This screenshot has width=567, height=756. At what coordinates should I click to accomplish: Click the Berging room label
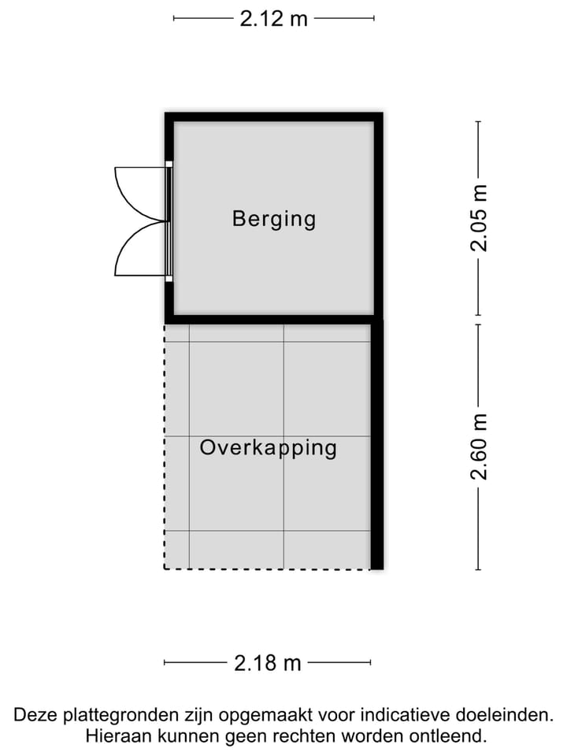[x=273, y=219]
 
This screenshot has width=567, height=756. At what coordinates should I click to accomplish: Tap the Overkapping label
[x=268, y=448]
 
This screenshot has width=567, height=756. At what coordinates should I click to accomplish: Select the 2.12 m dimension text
[x=273, y=19]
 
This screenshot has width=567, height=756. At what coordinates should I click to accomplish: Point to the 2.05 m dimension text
[x=479, y=217]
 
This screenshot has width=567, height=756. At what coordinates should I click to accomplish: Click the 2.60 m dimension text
[x=479, y=446]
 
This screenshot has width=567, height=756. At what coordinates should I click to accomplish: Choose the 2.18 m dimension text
[x=268, y=663]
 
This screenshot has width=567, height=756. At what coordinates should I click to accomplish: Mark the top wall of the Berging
[x=273, y=117]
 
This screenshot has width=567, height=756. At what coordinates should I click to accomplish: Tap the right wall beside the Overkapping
[x=377, y=445]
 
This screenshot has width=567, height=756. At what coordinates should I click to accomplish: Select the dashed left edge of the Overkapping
[x=165, y=445]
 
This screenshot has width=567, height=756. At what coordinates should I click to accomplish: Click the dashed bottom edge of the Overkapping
[x=268, y=569]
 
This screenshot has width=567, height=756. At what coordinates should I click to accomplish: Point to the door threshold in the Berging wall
[x=169, y=221]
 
